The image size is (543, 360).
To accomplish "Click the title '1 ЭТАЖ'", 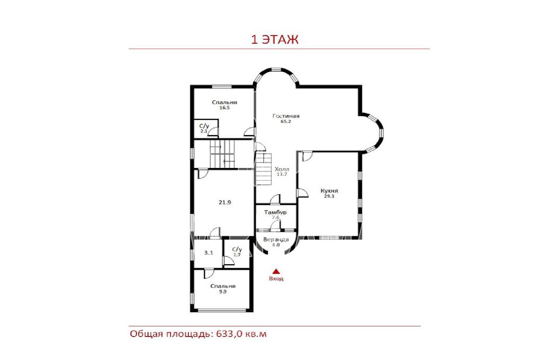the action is point(275,39).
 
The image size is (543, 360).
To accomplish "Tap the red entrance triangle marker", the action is point(276,271).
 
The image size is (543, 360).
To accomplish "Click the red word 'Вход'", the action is point(276,278).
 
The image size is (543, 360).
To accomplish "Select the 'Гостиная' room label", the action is point(286,116).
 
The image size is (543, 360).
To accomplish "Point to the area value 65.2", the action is point(286,122).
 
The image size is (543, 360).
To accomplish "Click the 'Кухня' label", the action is point(329,191).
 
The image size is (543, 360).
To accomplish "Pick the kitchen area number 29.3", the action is point(329,196).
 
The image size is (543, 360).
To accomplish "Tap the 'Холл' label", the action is point(282,169).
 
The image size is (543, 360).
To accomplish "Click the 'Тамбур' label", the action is point(275,212).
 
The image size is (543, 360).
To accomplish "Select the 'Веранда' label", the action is point(276,240).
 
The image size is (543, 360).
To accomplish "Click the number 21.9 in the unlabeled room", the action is point(225,202).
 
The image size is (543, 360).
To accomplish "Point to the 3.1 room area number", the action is point(208,253).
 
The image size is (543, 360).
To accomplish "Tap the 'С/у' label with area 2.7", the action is point(237,249).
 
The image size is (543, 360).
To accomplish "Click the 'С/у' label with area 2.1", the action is point(204,126).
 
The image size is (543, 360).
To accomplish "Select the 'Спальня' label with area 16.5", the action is point(224,102).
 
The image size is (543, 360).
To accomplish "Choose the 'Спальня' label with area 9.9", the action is point(223,286).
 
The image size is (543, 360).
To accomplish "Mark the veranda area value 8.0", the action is point(276,245).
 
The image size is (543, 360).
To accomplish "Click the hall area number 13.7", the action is point(282,174).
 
